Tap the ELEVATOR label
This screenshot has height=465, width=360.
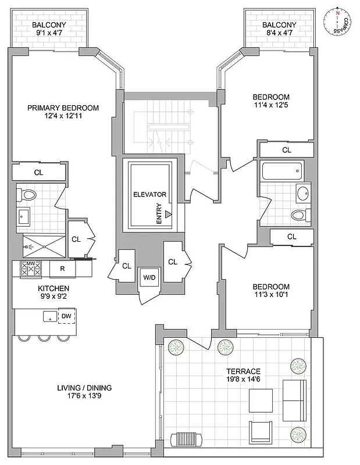(149, 194)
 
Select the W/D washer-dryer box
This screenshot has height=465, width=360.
(149, 277)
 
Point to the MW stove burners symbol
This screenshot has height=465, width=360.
(31, 269)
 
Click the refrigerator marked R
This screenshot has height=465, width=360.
(61, 269)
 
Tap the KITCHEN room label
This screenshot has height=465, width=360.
(54, 288)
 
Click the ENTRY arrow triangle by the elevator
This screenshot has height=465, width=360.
(168, 214)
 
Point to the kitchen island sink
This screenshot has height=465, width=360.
(49, 316)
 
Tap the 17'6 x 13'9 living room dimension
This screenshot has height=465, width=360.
(84, 398)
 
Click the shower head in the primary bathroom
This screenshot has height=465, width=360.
(28, 246)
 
